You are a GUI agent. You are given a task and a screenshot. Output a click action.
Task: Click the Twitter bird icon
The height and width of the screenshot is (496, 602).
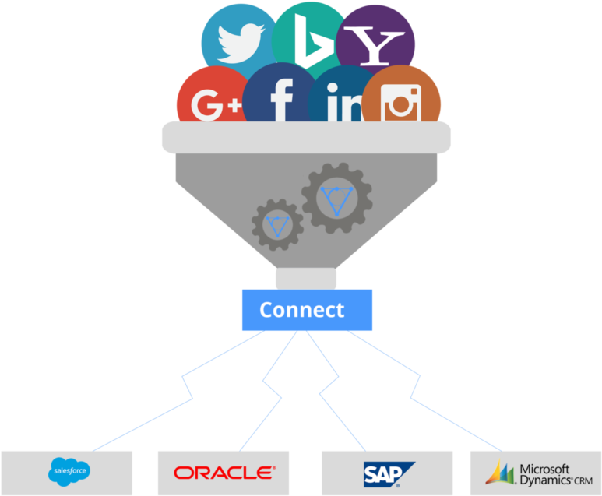pos(241,43)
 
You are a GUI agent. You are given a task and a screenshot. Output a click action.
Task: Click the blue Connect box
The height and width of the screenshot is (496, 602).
pos(307,310)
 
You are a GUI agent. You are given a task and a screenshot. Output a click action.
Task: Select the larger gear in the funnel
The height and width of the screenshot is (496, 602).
pos(336,198)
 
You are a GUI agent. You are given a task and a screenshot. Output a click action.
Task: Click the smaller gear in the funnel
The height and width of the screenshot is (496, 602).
pos(277,224)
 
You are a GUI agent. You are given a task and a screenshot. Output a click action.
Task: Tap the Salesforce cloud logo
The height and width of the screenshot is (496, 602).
pos(69,472)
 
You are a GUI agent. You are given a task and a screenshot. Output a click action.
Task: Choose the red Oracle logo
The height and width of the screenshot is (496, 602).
pos(224,473)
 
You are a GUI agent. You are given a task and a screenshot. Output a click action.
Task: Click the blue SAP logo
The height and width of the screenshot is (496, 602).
pos(389,474)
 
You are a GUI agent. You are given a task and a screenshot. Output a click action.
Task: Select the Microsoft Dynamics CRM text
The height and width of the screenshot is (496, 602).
pos(556,475)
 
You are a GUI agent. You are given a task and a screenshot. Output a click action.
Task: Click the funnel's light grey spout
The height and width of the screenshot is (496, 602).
pos(306,278)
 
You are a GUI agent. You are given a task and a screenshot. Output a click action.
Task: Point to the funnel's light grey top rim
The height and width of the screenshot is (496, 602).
pos(306,138)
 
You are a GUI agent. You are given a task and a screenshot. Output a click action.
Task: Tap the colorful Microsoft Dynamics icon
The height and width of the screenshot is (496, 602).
pos(500,472)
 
